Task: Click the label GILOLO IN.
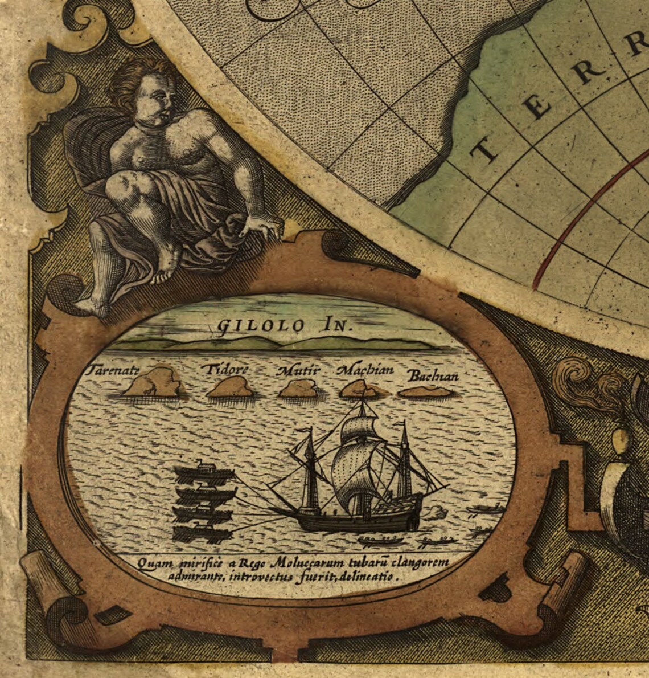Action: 285,325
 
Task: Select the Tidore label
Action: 227,369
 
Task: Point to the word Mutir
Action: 298,370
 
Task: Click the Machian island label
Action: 365,370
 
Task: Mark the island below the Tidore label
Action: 230,388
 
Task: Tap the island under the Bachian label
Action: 426,392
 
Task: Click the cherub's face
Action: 156,100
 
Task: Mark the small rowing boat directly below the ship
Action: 380,539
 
